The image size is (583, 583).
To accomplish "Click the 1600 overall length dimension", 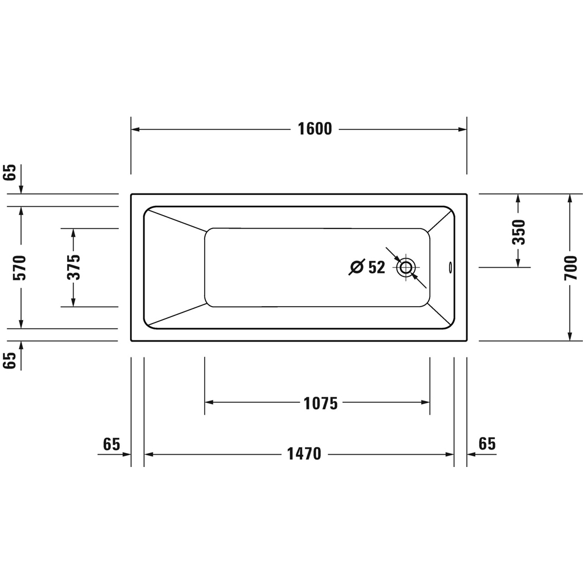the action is point(315,129).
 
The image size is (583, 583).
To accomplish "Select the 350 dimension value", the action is point(519,232).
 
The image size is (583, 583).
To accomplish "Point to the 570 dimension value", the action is point(19,268).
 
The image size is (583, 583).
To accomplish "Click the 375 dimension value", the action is point(73,267).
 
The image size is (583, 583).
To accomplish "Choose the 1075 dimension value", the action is point(321,403).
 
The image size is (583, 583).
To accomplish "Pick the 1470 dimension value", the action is point(304,454).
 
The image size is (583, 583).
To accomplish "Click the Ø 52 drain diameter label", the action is point(367,267).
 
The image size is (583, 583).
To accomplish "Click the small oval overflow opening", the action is point(450,267).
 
